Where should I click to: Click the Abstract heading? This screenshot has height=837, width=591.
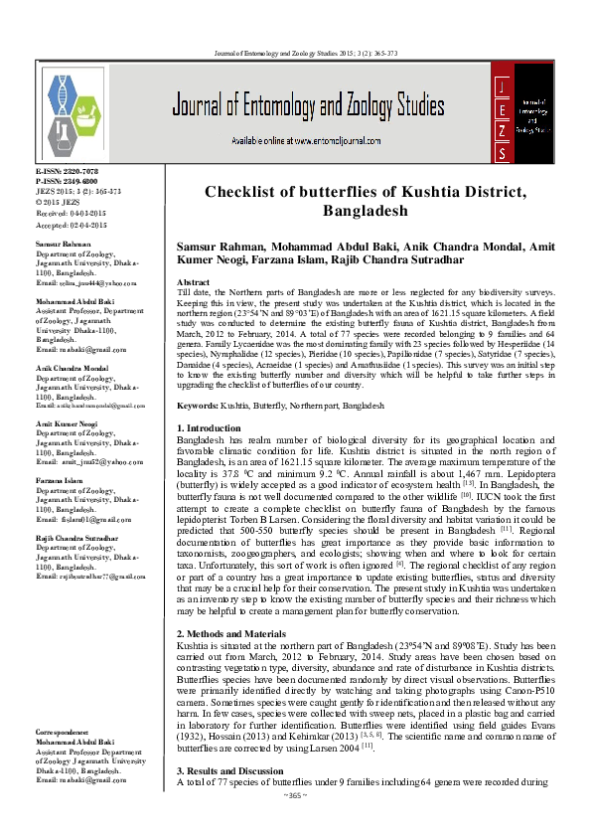coord(192,283)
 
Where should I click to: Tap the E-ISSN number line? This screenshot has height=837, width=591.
coord(67,173)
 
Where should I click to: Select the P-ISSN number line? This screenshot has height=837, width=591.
coord(67,182)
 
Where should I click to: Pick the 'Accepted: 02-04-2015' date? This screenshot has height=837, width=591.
coord(71,226)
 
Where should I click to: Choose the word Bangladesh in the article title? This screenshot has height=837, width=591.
coord(365,212)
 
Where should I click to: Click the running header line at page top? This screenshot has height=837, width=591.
coord(295,52)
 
